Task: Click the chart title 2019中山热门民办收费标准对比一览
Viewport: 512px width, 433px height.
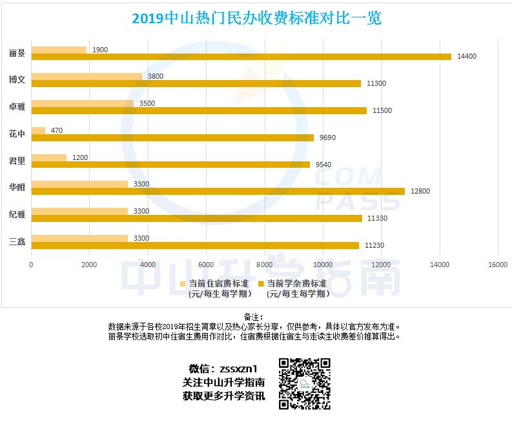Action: point(256,17)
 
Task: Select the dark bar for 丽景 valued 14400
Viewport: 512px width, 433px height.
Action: point(241,57)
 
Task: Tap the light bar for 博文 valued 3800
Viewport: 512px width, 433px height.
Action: point(87,76)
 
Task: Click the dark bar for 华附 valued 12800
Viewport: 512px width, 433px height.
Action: point(218,191)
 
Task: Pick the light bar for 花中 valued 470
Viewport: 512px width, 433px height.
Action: point(38,130)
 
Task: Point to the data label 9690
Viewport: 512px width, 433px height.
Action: point(327,137)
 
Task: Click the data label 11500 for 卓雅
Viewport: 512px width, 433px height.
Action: point(382,110)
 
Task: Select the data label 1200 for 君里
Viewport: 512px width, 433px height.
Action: point(80,157)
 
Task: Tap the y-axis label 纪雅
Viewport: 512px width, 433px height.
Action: point(17,214)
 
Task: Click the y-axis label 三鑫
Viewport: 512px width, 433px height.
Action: point(17,241)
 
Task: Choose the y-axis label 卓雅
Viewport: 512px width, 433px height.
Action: point(17,106)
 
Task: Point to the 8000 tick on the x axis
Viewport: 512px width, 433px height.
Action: point(264,264)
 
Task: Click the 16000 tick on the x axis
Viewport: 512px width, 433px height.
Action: point(497,264)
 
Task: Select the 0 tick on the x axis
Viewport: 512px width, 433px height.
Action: point(31,264)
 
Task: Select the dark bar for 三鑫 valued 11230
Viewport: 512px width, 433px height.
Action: point(195,245)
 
